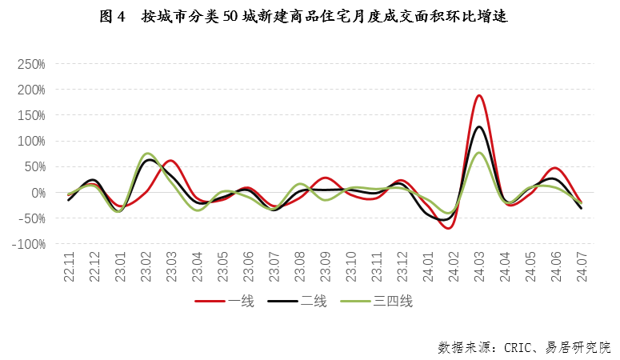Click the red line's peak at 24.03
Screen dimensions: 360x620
coord(479,95)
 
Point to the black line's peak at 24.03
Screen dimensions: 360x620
coord(479,126)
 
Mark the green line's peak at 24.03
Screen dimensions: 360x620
coord(479,153)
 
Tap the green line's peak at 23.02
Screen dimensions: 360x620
coord(148,153)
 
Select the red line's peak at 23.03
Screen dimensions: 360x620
coord(171,161)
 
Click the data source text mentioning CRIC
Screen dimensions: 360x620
coord(524,347)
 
